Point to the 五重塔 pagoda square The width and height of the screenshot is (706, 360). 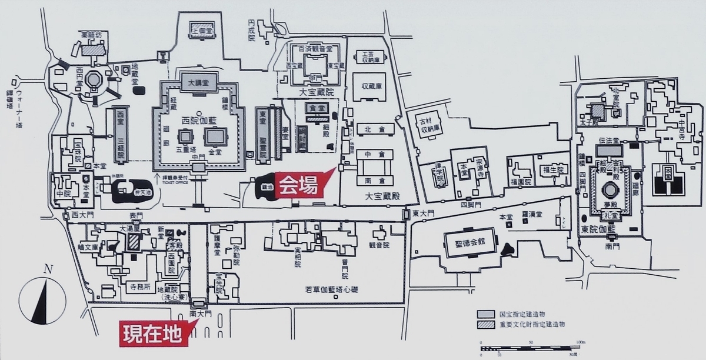pos(185,138)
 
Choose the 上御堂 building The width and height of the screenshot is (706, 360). pos(198,28)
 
